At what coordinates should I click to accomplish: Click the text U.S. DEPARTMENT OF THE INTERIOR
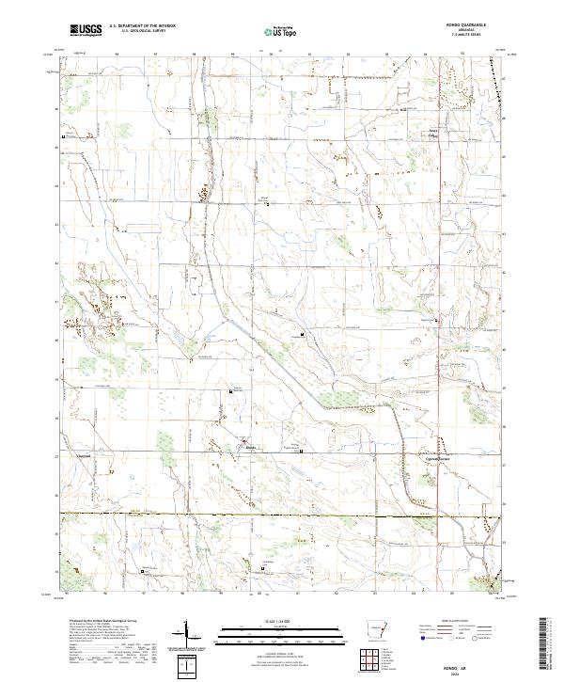tap(142, 26)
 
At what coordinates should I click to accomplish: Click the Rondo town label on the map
tap(252, 448)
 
